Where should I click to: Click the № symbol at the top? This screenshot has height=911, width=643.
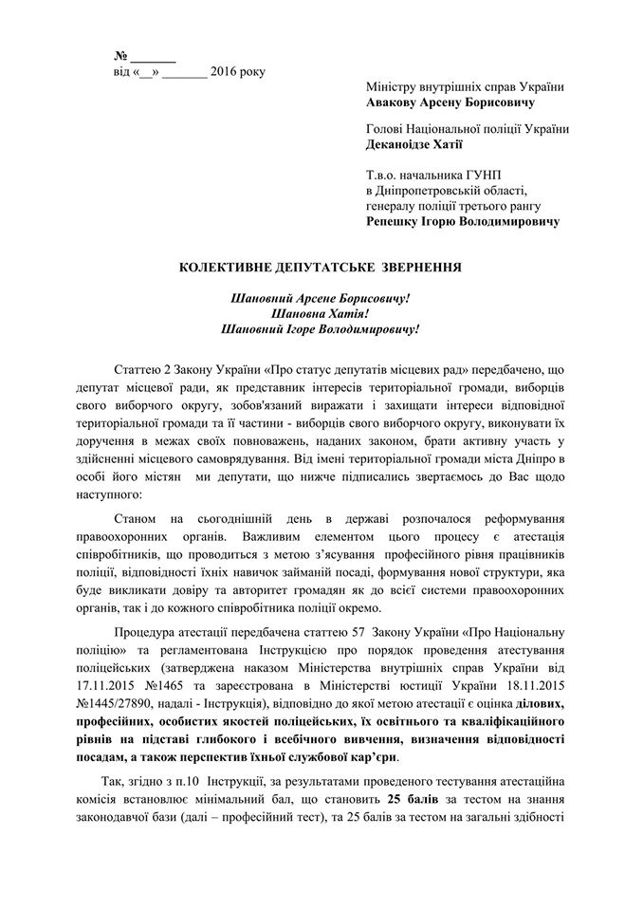[x=120, y=54]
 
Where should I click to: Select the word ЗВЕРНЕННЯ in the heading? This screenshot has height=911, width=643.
[x=415, y=269]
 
